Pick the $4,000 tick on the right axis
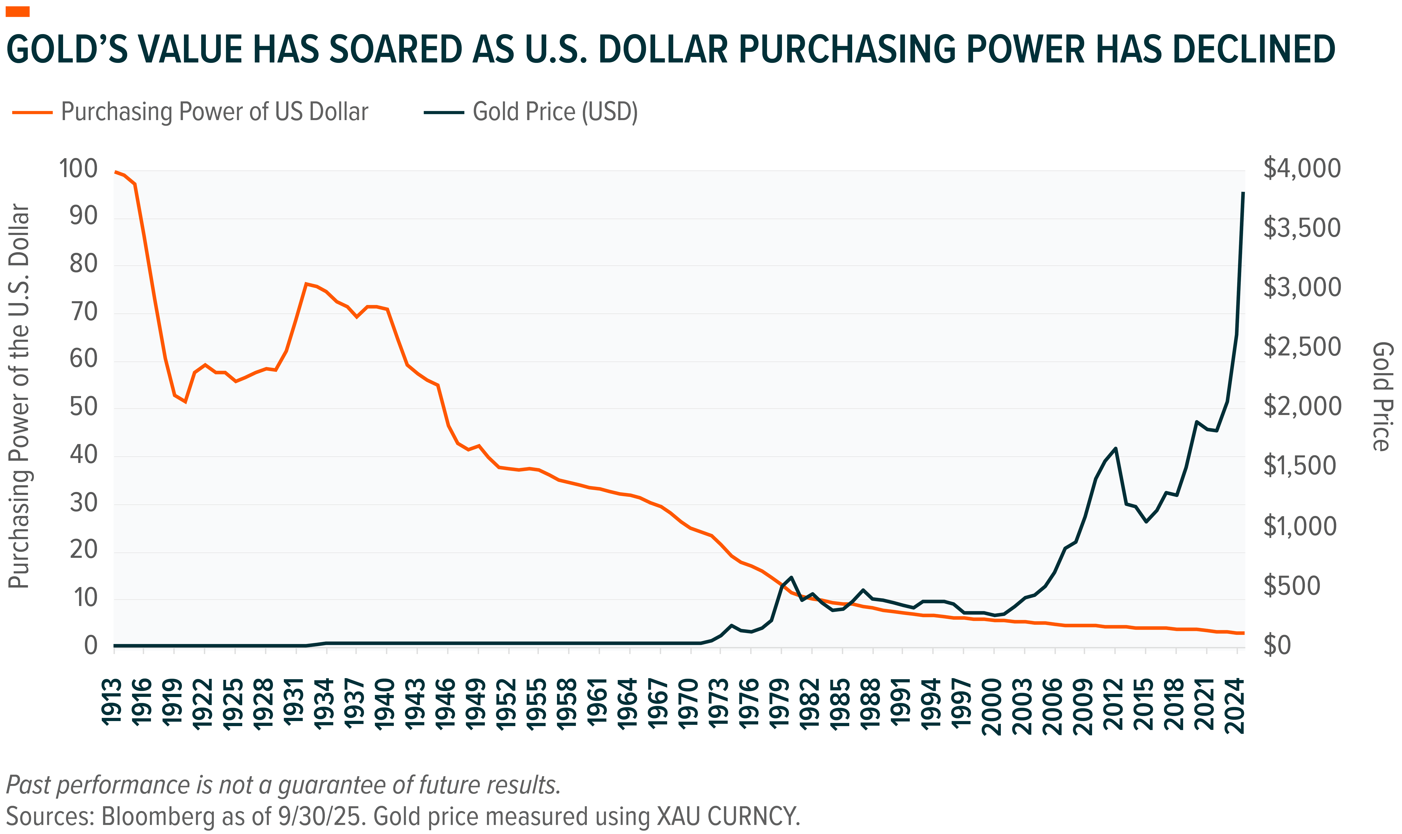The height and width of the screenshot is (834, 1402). [x=1302, y=169]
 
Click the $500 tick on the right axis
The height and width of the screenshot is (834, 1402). [x=1292, y=586]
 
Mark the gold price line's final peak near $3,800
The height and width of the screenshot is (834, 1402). [x=1243, y=193]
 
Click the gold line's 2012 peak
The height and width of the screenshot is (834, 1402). [x=1115, y=448]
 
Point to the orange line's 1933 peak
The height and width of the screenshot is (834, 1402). [x=306, y=284]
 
